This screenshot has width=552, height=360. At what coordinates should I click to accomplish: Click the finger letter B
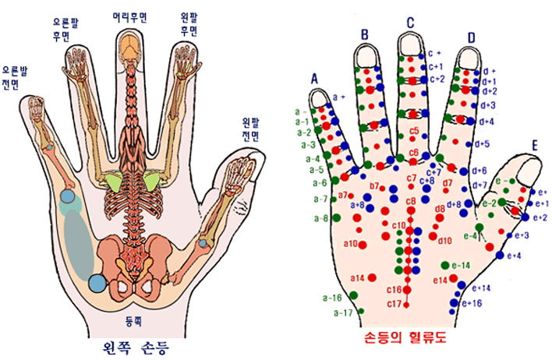pyautogui.click(x=363, y=34)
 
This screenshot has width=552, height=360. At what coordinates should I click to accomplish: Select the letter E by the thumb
pyautogui.click(x=534, y=145)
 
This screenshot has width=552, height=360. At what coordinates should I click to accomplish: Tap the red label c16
pyautogui.click(x=394, y=290)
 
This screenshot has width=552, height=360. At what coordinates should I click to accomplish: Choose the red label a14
pyautogui.click(x=357, y=278)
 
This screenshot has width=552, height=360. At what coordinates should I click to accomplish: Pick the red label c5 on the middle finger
pyautogui.click(x=413, y=130)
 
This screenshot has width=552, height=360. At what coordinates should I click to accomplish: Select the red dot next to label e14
pyautogui.click(x=455, y=277)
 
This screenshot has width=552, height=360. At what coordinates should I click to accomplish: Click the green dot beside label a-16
pyautogui.click(x=354, y=295)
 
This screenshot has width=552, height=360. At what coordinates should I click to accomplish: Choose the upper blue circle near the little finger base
pyautogui.click(x=69, y=199)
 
